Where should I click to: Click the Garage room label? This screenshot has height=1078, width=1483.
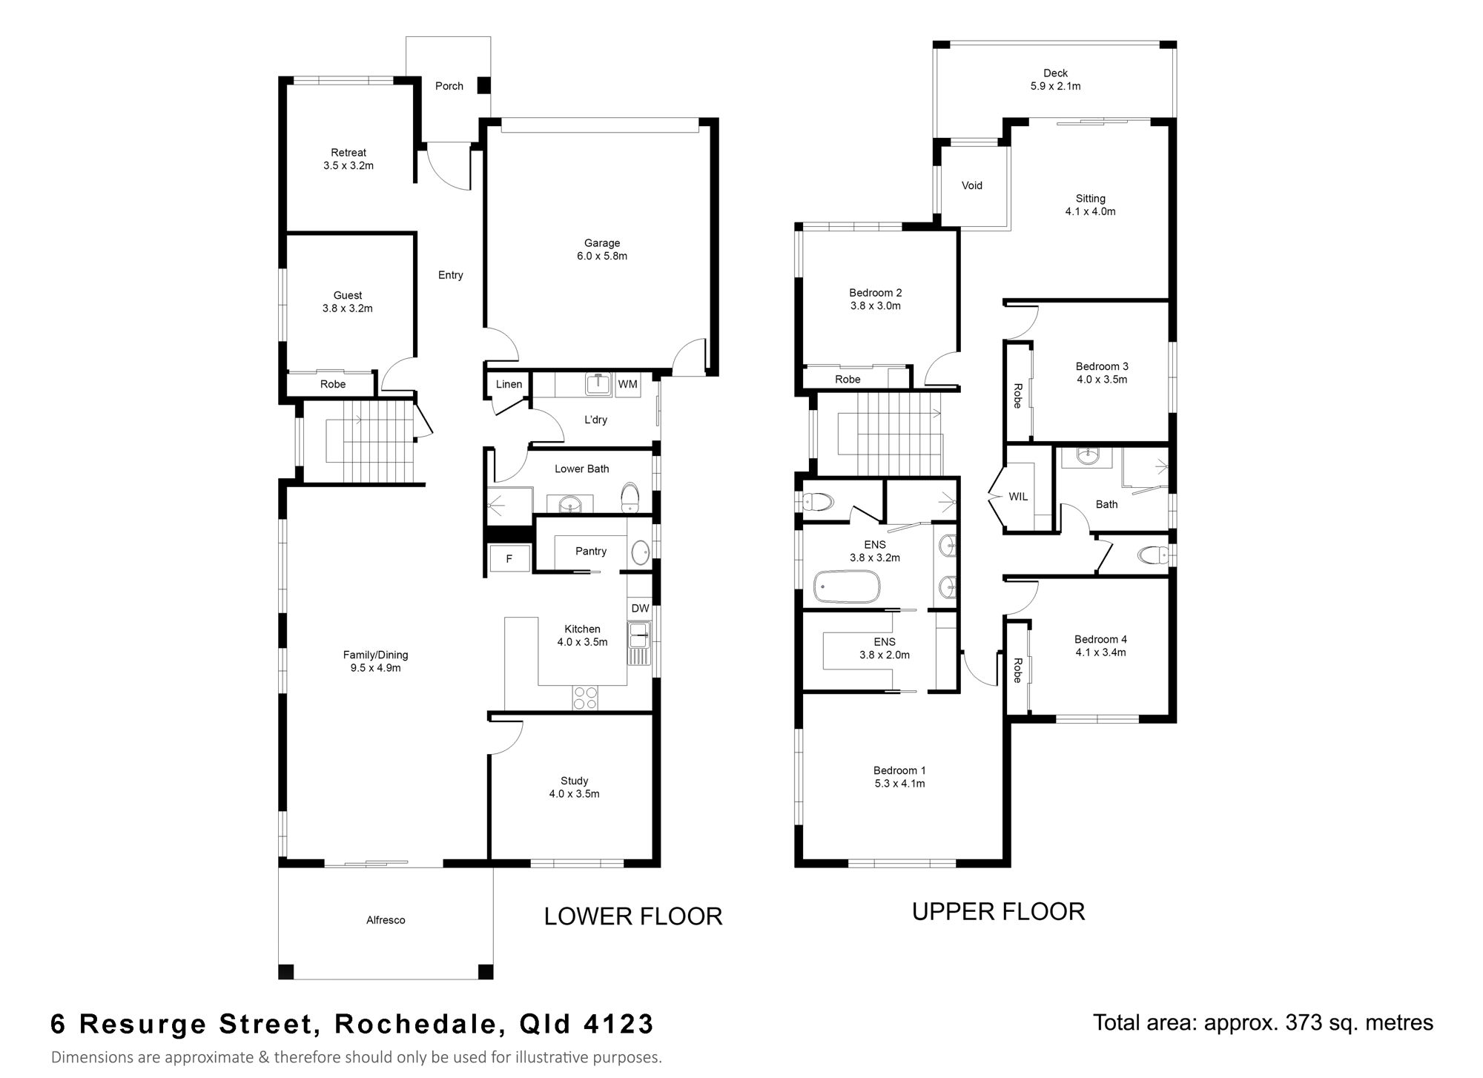(601, 243)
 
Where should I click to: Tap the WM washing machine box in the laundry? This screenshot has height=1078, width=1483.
(628, 385)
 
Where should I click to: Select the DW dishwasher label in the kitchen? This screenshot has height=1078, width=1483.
(640, 608)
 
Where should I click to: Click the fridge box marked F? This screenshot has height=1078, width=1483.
(509, 559)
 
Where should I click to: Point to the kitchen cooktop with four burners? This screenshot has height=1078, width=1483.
(586, 698)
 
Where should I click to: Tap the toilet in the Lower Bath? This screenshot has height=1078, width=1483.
(630, 497)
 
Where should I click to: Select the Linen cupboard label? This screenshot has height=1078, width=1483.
(509, 384)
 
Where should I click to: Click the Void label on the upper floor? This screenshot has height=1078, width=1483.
(972, 185)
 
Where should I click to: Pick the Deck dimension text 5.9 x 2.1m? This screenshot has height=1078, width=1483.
(1055, 86)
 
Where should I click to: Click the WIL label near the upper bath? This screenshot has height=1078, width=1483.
(1018, 497)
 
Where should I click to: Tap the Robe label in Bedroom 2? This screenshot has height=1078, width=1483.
(848, 379)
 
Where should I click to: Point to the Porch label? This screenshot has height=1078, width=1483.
(449, 86)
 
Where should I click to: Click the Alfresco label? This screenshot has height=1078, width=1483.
(386, 920)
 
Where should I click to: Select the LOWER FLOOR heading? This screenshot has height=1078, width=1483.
(633, 916)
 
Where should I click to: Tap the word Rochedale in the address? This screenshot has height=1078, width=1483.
(415, 1024)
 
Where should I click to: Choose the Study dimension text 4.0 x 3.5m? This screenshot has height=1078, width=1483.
(574, 794)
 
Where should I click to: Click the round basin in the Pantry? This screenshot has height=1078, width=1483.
(640, 552)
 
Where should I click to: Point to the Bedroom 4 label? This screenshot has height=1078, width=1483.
(1100, 639)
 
